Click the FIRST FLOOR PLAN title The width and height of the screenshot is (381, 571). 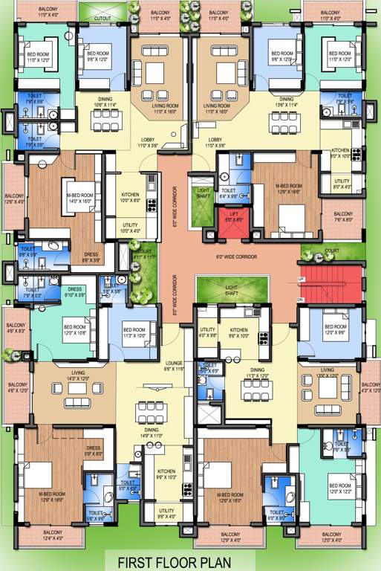(x=190, y=562)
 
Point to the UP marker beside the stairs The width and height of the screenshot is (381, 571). (x=301, y=279)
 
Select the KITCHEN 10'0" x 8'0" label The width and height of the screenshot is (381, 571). (x=134, y=197)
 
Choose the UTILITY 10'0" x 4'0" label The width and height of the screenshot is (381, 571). (x=134, y=228)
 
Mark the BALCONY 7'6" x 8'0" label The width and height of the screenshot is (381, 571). (x=343, y=217)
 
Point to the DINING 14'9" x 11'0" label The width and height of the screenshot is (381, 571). (x=152, y=432)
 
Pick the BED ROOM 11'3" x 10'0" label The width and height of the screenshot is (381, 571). (x=134, y=332)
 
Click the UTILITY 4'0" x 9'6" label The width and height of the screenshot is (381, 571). (x=207, y=332)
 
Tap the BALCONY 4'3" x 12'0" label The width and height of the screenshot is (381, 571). (x=370, y=388)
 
